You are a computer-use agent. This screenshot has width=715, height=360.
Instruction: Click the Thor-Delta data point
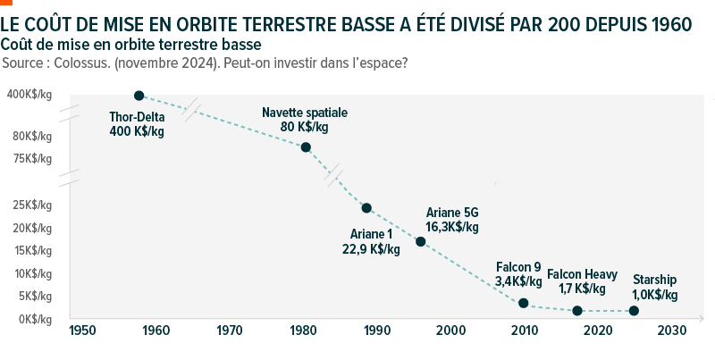pyautogui.click(x=139, y=95)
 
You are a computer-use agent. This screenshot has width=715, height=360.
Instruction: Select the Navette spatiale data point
pyautogui.click(x=306, y=147)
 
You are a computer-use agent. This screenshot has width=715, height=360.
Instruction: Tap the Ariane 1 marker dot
pyautogui.click(x=366, y=208)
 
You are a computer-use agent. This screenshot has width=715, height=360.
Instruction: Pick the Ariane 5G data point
pyautogui.click(x=421, y=241)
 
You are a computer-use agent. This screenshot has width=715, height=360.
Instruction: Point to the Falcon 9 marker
pyautogui.click(x=524, y=303)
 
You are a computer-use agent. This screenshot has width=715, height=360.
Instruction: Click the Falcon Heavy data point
pyautogui.click(x=577, y=311)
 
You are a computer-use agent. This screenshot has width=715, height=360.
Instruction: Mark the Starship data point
pyautogui.click(x=634, y=311)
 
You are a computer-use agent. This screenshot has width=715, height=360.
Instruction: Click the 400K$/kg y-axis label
pyautogui.click(x=29, y=95)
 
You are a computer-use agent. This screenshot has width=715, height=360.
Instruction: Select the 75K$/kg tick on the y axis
pyautogui.click(x=32, y=159)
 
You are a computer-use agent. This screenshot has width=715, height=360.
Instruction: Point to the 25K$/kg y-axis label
pyautogui.click(x=32, y=205)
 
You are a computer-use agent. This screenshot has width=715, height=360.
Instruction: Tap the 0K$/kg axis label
pyautogui.click(x=34, y=319)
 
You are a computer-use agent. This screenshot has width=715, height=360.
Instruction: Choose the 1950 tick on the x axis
pyautogui.click(x=81, y=331)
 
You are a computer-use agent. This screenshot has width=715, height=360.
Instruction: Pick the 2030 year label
pyautogui.click(x=671, y=331)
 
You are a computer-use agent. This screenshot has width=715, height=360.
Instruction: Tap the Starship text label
pyautogui.click(x=654, y=279)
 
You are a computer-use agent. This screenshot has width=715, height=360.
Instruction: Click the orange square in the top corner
pyautogui.click(x=5, y=4)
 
